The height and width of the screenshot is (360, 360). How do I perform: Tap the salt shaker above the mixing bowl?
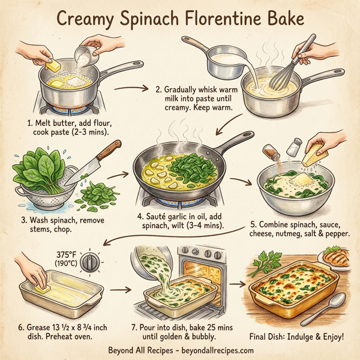point(295,145)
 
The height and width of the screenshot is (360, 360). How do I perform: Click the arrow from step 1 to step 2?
point(130,90)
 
